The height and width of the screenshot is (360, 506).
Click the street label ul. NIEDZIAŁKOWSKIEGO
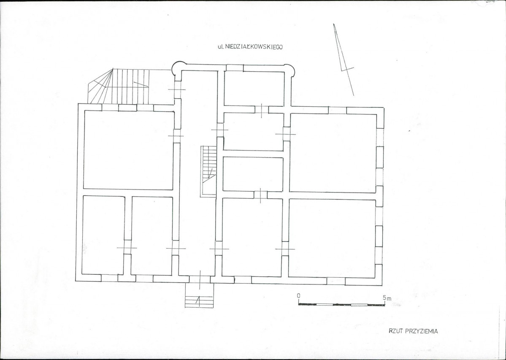pos(250,47)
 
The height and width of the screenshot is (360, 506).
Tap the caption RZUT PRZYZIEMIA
pos(414,331)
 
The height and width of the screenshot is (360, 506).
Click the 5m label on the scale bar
pos(387,298)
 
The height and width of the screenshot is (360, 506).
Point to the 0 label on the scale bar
pos(299,295)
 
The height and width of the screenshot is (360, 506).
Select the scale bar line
pos(341,305)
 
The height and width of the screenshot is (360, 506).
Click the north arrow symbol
pos(344,60)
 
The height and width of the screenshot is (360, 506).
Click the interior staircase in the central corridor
pos(208,171)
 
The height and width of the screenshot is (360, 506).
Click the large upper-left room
pos(129,150)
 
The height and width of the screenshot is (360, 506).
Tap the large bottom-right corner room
pos(332,238)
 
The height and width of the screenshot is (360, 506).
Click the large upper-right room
pos(333,153)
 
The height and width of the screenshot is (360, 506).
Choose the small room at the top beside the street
pos(254,88)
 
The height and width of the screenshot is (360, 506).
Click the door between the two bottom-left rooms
pos(127,247)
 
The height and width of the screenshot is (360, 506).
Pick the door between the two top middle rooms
pos(261,109)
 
